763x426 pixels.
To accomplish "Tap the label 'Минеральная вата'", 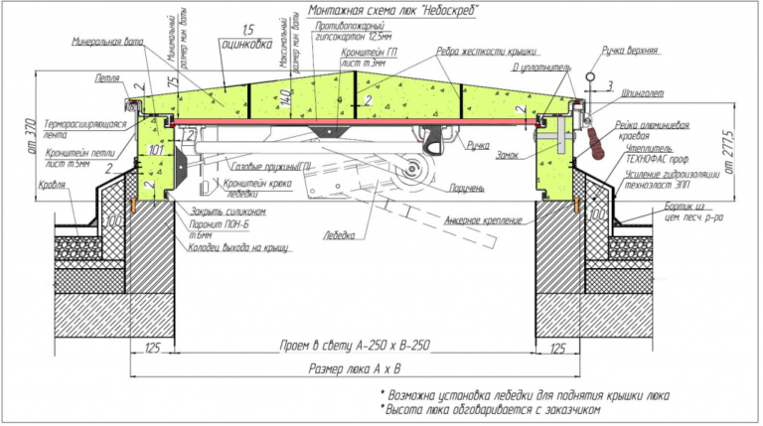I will pyautogui.click(x=105, y=42).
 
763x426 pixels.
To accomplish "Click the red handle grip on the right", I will pyautogui.click(x=598, y=141).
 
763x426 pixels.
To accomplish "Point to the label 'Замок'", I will pyautogui.click(x=507, y=156).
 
